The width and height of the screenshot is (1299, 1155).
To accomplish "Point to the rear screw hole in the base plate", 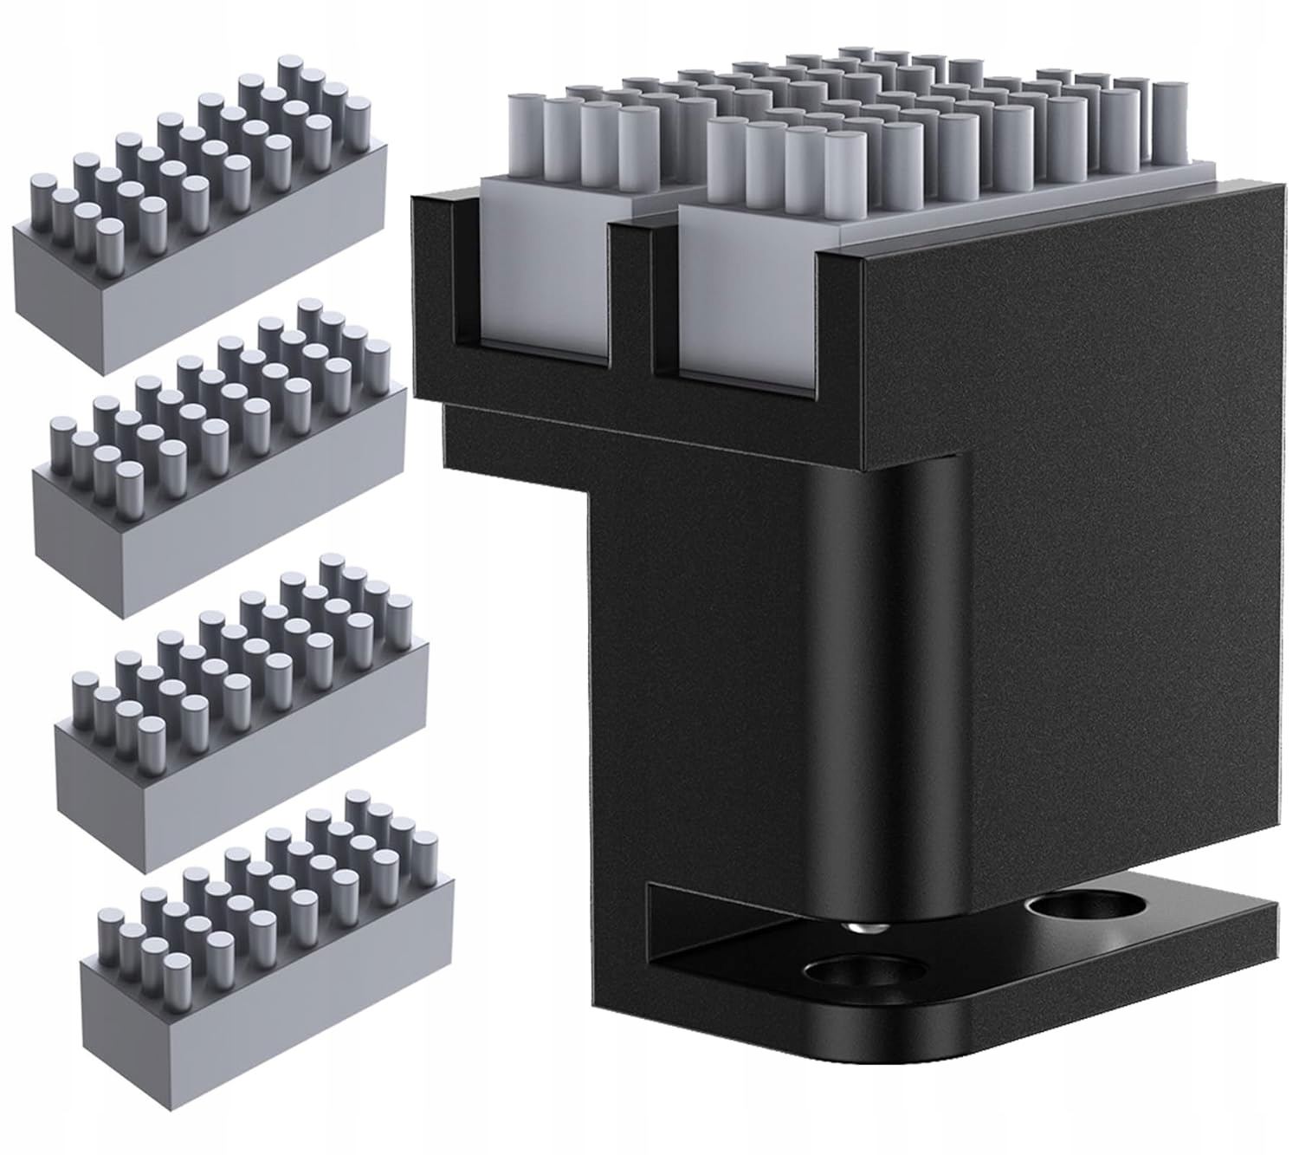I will pos(1074,912).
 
